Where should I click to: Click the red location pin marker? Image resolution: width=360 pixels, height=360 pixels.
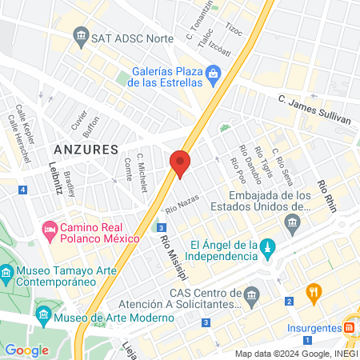(x=180, y=163)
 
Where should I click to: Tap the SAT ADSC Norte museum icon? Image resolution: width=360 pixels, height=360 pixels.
(x=80, y=36)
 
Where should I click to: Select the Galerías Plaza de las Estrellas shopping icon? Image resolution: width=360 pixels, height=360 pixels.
(x=213, y=77)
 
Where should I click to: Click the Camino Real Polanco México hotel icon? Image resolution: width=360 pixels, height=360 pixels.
(x=50, y=230)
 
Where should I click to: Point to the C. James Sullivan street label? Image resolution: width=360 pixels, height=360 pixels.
(x=314, y=109)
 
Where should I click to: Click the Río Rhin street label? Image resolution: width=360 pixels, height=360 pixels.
(x=326, y=195)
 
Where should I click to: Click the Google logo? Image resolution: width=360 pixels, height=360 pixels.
(x=26, y=350)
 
